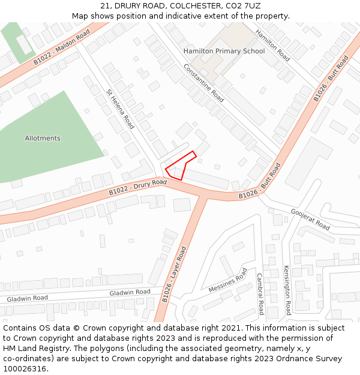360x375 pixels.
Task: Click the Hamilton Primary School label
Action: point(224,51)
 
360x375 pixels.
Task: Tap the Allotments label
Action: point(43,138)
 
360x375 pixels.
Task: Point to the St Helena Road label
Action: point(120,109)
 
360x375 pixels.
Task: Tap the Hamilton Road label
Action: point(272,46)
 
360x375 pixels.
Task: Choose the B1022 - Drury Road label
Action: point(137,187)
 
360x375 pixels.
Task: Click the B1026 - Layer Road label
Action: point(175,274)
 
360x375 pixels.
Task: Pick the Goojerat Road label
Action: point(310,220)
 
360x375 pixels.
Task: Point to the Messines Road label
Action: point(228,281)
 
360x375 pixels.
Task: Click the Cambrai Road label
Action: point(260,294)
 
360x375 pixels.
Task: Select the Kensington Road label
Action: point(287,290)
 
